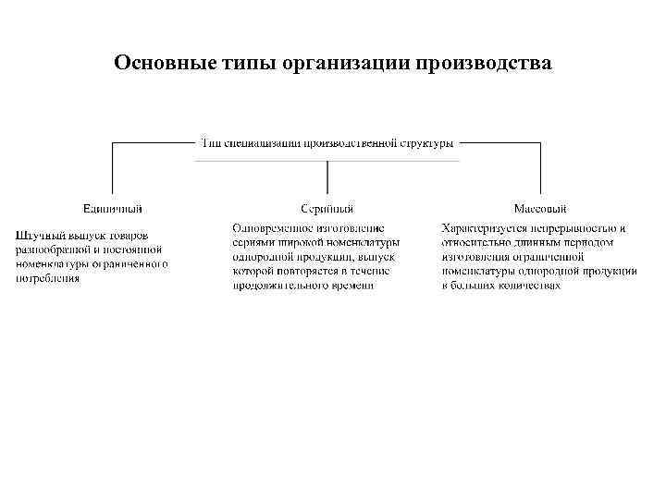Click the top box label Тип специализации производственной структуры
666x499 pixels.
pos(327,143)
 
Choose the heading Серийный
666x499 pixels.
pos(327,209)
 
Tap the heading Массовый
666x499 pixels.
pos(540,209)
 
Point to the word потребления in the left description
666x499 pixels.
pos(47,277)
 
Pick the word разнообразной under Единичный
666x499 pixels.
pos(50,249)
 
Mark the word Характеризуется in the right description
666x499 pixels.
pos(480,227)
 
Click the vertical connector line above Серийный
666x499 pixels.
pos(327,178)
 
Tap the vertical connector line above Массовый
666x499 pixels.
pos(540,171)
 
